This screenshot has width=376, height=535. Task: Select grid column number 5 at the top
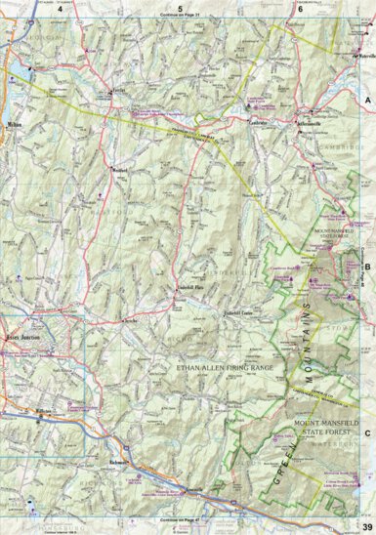click(180, 8)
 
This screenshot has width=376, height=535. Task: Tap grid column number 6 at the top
click(298, 8)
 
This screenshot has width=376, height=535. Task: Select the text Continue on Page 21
click(180, 18)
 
